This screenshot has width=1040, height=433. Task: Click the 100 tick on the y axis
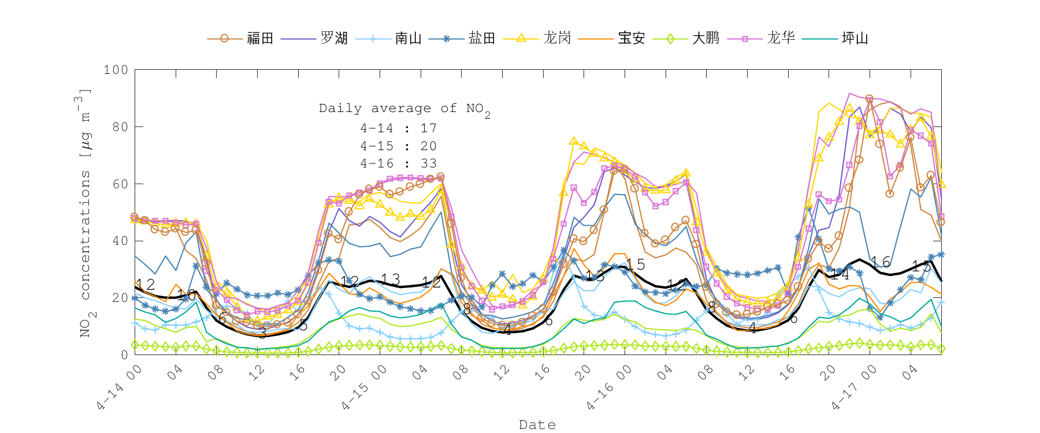[116, 70]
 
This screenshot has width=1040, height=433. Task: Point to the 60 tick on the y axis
[120, 184]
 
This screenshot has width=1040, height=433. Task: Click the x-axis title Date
[537, 425]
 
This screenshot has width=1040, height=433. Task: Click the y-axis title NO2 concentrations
[85, 214]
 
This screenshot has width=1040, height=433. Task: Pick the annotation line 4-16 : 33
[398, 163]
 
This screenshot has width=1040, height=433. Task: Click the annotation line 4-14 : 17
[398, 128]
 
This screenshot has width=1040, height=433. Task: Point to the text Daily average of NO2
[404, 109]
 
